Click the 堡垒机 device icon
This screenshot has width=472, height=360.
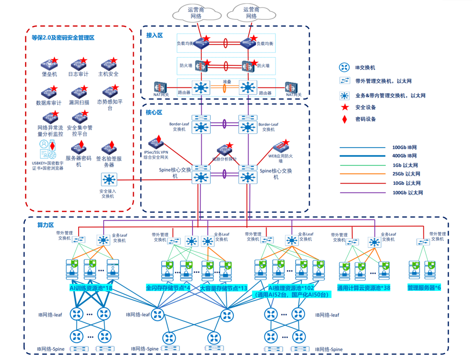(49, 65)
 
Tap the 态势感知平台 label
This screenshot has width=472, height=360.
(110, 105)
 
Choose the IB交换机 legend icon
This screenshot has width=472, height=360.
(344, 68)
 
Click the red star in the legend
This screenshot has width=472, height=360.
(344, 108)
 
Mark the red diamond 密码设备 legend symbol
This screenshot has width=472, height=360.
(344, 119)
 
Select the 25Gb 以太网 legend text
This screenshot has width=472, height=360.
(406, 174)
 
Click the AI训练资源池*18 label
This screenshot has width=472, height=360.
(91, 288)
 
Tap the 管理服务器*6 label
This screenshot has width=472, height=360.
(424, 288)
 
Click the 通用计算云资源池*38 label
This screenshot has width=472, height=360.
(364, 288)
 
